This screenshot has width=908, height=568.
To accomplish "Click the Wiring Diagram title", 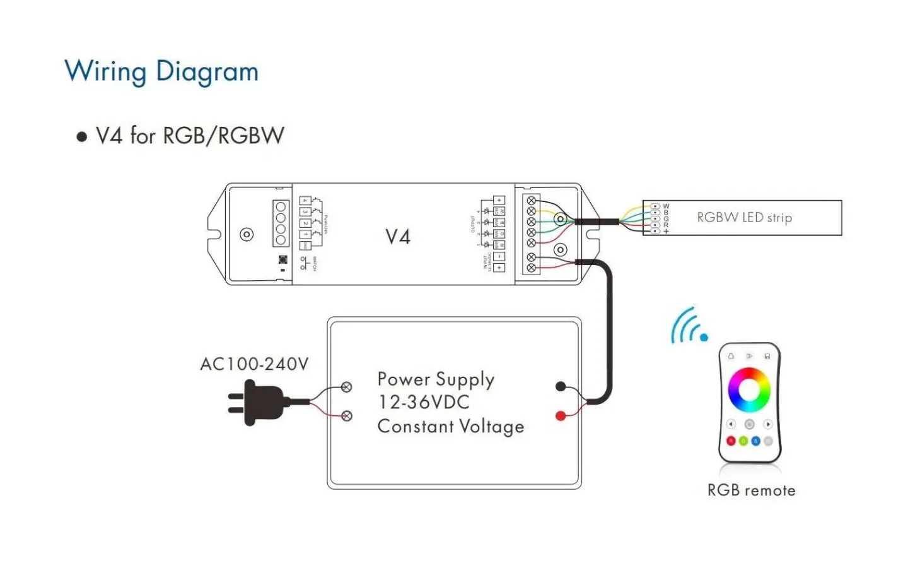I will (161, 71).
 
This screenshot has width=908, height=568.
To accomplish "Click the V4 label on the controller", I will (398, 237).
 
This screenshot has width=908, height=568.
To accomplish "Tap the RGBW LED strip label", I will (744, 218).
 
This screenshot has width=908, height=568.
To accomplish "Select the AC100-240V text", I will (254, 364).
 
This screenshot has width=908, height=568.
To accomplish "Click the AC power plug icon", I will (259, 402).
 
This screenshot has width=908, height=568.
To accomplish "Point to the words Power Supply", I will (436, 379).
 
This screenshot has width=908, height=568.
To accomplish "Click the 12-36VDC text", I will (424, 403).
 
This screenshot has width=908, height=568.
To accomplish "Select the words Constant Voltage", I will (450, 427).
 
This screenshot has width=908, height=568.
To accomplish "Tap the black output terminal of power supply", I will (560, 387).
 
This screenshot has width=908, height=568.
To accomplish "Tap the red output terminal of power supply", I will (560, 416).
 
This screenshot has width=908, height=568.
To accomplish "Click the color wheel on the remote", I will (749, 389).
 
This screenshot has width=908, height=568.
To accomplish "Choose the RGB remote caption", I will (751, 490).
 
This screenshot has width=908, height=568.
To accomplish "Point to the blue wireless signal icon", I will (689, 327).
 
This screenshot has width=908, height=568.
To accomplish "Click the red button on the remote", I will (731, 441).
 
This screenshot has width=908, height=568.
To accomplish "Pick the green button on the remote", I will (743, 441).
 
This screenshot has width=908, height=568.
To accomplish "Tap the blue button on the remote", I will (755, 441).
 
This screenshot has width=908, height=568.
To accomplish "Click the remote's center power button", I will (749, 424).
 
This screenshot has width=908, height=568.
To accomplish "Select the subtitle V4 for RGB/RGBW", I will (190, 136).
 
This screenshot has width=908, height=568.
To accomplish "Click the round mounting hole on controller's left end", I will (247, 235).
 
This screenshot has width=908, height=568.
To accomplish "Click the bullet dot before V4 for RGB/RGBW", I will (81, 136).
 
